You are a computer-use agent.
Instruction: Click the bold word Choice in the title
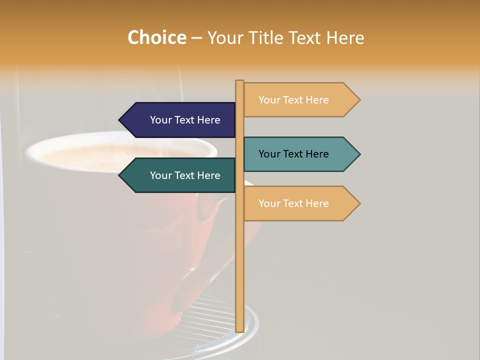pos(156,37)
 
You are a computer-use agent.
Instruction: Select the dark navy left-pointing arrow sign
pos(180,120)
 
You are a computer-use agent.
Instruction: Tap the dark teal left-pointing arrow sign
pos(180,175)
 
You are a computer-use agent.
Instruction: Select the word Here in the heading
pos(345,37)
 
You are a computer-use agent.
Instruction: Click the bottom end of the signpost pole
pos(239,330)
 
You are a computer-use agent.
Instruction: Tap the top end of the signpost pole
pos(239,81)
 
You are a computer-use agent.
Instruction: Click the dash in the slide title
pos(196,38)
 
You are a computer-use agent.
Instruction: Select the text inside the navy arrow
pos(185,120)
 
